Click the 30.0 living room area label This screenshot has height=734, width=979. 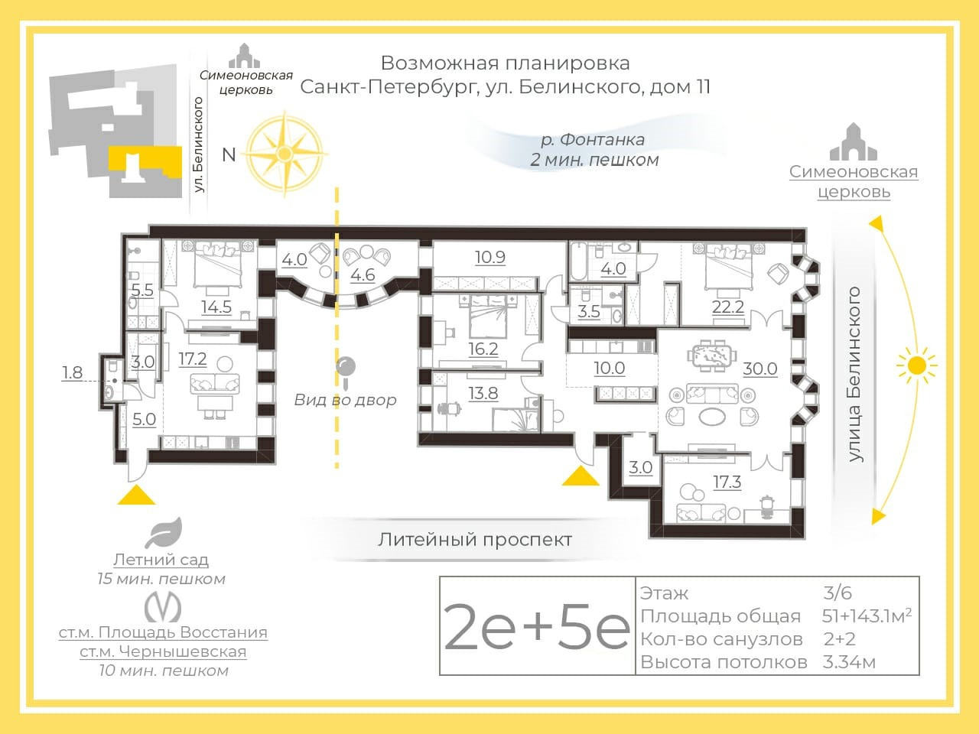760,369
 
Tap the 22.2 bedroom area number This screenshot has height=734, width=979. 728,307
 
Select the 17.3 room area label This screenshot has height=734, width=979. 727,482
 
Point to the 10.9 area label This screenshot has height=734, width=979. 489,257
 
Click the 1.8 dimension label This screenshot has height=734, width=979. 72,372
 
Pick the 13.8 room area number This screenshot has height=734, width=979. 483,394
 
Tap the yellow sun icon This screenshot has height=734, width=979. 917,365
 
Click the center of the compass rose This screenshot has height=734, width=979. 285,154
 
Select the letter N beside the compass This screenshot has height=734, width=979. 229,154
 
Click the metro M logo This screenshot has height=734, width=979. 163,607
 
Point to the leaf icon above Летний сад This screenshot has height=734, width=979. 164,533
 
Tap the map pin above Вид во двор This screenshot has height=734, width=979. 346,372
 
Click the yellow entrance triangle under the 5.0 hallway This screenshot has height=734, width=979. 136,495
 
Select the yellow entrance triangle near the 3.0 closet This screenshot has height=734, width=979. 581,476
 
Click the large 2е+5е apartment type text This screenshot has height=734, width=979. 537,626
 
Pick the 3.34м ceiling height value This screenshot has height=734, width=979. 849,662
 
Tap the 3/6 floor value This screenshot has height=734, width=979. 838,593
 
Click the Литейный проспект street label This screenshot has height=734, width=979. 474,540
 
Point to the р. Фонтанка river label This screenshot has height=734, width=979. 593,140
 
